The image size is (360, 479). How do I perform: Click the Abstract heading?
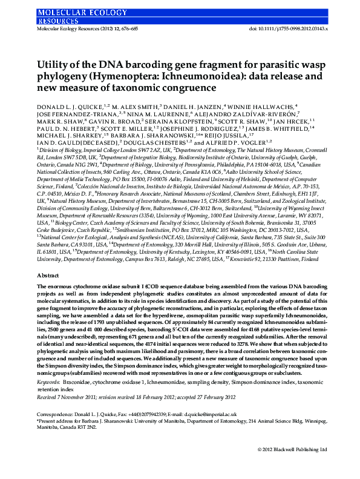click(48, 275)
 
